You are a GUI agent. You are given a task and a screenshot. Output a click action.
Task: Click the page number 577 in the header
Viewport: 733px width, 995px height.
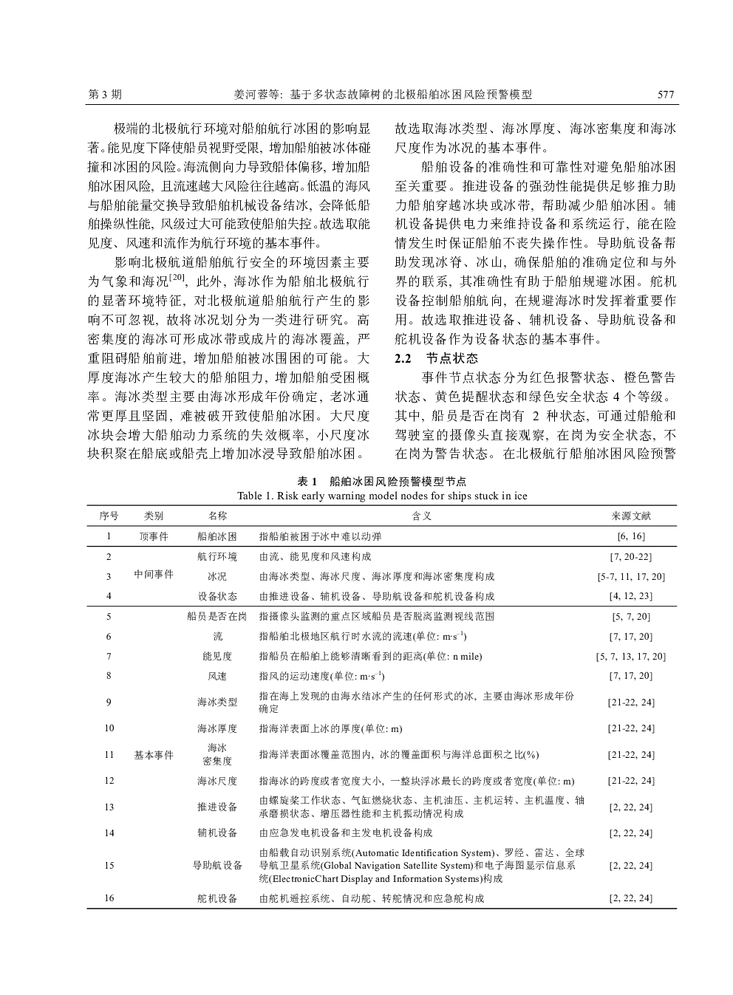(666, 95)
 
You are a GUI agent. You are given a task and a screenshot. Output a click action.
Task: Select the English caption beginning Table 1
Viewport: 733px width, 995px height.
(382, 495)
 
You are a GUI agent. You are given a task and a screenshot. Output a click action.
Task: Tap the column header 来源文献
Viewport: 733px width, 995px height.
(631, 516)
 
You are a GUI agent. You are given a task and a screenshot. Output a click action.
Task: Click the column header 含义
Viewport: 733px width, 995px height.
(421, 516)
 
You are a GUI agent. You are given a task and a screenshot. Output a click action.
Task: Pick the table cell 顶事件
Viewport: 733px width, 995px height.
(154, 536)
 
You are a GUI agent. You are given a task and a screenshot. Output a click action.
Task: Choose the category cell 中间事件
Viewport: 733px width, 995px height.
(154, 574)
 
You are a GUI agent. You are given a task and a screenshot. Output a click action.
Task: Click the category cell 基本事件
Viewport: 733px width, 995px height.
(154, 755)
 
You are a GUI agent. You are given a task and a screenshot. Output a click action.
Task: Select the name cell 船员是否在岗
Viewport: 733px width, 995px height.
(217, 616)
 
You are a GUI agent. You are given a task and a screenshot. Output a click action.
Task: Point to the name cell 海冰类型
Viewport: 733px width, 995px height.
(217, 702)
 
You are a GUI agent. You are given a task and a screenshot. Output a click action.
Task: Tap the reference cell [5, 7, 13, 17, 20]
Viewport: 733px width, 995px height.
(630, 656)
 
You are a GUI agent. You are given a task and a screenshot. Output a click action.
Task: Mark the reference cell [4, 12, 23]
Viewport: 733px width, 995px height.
(630, 596)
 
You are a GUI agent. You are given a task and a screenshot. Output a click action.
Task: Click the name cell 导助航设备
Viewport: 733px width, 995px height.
(217, 866)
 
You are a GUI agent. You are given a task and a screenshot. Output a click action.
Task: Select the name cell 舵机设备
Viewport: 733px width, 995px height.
(217, 898)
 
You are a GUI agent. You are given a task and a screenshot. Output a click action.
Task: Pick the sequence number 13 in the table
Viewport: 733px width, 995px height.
(109, 807)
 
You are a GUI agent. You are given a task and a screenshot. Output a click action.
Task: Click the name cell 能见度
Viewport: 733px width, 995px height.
(217, 656)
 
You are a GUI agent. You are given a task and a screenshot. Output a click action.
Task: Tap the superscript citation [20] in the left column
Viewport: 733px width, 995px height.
(177, 278)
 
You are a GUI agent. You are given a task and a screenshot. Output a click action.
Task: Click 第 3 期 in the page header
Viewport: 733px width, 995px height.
(105, 95)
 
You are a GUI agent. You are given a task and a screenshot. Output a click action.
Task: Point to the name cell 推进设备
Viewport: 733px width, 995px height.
(217, 807)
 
